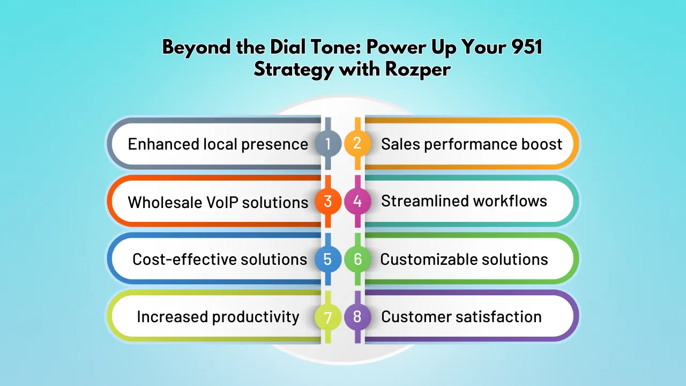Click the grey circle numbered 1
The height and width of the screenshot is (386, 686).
coord(327,143)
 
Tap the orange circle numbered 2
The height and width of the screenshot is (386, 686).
coord(357,143)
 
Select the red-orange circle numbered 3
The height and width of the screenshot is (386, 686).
coord(327,201)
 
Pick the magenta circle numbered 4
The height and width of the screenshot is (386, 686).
coord(357,201)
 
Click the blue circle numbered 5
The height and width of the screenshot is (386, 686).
coord(327,259)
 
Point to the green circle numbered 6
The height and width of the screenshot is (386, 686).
coord(357,259)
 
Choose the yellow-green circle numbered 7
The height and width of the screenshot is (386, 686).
coord(327,317)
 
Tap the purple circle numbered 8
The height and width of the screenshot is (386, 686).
coord(357,317)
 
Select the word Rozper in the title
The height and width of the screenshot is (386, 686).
coord(417,70)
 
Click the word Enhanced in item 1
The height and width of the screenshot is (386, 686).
coord(163,144)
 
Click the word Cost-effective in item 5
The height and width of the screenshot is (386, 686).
coord(184,259)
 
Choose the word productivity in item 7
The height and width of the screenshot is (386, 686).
coord(256,317)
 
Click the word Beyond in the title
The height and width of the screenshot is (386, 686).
coord(197,48)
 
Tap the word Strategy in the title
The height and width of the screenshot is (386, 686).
coord(294,70)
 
